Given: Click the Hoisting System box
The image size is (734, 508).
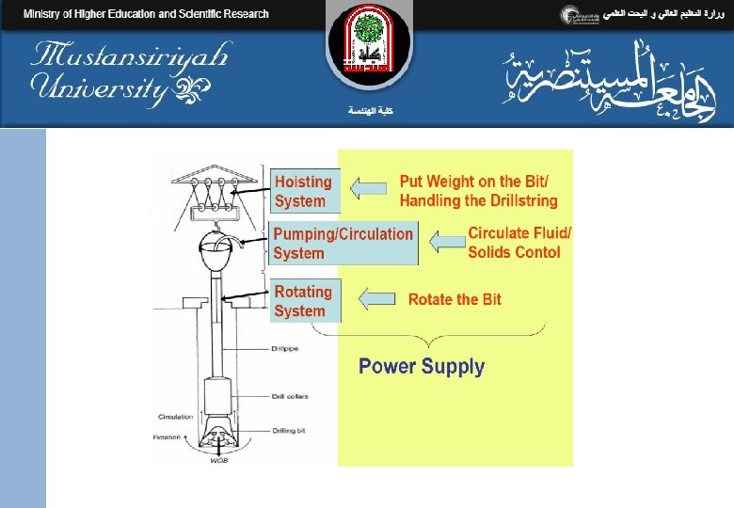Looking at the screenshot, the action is [303, 191].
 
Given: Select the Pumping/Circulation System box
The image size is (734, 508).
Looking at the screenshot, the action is [343, 244].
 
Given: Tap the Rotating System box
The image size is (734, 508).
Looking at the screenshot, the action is [303, 301].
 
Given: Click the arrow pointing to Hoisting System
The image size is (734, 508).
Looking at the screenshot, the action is [369, 189].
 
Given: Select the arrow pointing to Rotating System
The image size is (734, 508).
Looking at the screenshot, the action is [377, 299].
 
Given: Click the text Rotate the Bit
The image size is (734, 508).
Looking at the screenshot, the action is [455, 299].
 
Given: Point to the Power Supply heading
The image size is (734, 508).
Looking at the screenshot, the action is [422, 367].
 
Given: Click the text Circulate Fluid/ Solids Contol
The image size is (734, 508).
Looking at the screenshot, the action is [519, 243].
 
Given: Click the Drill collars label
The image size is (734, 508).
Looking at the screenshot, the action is [289, 396].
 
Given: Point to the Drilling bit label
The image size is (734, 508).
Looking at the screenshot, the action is [287, 431].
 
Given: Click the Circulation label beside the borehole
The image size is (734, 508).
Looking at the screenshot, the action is [175, 417].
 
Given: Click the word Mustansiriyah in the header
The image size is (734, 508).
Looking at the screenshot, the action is [130, 56].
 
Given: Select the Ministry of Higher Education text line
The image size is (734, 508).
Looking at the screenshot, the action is [146, 14].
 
